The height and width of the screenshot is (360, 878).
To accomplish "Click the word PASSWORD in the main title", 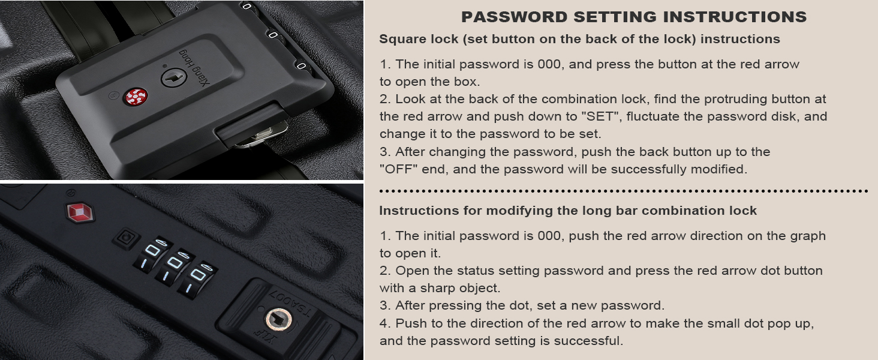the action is (x=514, y=17).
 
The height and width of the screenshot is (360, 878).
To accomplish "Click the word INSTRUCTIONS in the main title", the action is (x=735, y=17).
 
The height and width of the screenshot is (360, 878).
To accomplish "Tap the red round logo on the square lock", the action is (x=136, y=97).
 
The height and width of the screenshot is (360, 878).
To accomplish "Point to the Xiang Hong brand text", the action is (x=195, y=67).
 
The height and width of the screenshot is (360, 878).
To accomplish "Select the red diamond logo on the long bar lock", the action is (x=80, y=212).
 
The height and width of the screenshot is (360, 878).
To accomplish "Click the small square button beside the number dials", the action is (x=127, y=238).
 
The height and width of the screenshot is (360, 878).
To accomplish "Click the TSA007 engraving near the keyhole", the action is (x=291, y=302).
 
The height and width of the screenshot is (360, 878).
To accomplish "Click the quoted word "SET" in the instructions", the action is (x=602, y=116).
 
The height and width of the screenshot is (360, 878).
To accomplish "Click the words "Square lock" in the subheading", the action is (x=419, y=39).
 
